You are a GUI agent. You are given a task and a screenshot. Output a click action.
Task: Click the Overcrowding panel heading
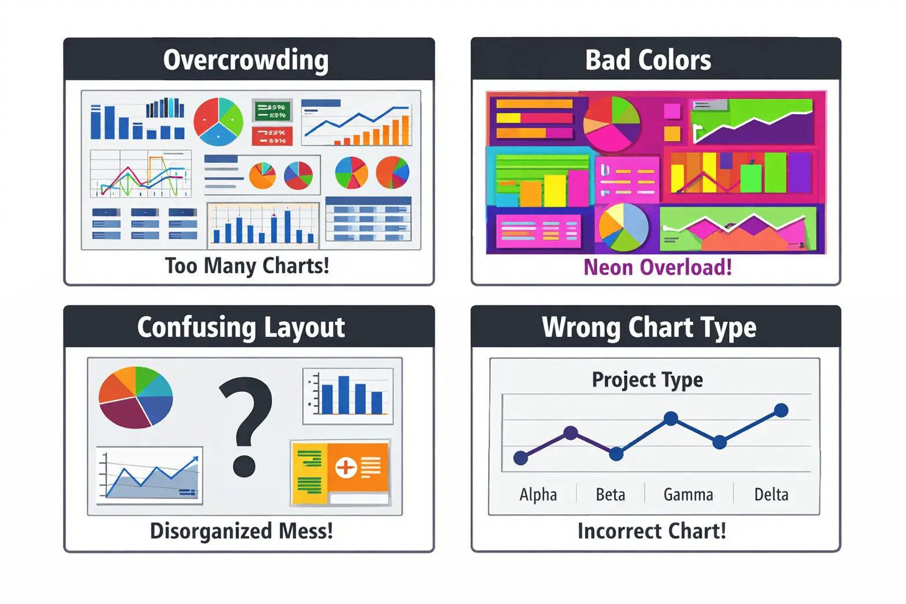246,60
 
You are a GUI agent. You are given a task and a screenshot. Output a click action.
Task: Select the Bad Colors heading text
648,60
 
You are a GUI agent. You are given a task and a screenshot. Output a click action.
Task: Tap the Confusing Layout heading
241,327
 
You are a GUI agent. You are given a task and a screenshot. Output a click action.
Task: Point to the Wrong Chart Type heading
649,327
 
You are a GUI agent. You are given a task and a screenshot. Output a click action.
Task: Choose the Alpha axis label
538,494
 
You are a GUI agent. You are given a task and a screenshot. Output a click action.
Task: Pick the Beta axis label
610,494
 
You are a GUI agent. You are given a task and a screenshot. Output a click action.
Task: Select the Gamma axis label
688,494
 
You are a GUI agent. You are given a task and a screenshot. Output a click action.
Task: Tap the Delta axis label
771,494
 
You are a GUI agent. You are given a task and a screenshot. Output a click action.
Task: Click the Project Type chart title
647,380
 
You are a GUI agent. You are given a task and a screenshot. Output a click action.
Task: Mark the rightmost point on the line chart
781,410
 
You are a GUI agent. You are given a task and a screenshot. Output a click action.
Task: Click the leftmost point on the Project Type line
521,458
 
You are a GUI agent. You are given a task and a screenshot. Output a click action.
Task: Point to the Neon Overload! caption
657,267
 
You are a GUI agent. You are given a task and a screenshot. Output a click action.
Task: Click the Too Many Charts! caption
247,266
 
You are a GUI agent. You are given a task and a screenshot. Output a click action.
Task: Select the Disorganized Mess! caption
241,531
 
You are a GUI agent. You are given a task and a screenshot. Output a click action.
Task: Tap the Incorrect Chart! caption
652,531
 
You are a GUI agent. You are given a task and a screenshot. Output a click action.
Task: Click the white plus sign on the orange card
346,467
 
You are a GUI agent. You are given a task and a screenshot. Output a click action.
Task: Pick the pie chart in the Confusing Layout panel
136,397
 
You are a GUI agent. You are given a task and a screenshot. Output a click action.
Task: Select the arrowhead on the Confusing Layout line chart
194,460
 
